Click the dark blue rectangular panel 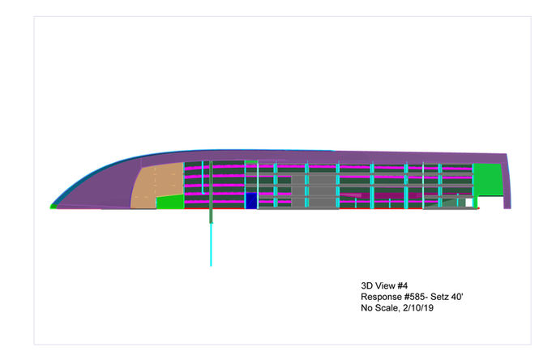click(x=251, y=201)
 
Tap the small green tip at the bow click(x=53, y=206)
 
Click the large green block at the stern click(x=488, y=180)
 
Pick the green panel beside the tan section click(x=170, y=202)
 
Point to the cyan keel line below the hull click(x=211, y=244)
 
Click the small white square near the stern click(x=469, y=203)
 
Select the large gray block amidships click(x=314, y=191)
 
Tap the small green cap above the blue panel click(x=251, y=162)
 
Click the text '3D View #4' click(x=384, y=286)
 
